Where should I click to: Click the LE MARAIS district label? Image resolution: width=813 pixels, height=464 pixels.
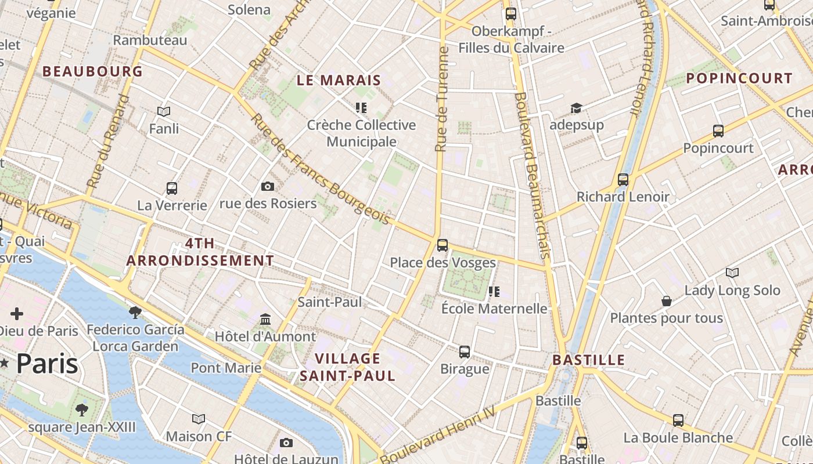coord(339,81)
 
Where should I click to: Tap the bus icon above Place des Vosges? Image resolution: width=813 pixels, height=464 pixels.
coord(443,245)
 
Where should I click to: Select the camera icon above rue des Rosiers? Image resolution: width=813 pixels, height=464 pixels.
coord(268,186)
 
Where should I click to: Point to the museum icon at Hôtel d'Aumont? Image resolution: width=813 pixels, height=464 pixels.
coord(265,320)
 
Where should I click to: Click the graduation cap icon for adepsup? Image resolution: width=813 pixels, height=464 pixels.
coord(576,108)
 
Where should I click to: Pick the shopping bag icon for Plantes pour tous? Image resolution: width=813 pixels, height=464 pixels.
coord(667,301)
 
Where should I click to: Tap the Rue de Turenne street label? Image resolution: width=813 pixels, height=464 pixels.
coord(443,100)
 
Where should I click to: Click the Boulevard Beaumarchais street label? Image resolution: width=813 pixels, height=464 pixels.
coord(531,174)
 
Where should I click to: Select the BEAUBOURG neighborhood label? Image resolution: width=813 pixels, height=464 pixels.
coord(92,71)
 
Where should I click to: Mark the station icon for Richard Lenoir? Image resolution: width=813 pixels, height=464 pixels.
coord(623,180)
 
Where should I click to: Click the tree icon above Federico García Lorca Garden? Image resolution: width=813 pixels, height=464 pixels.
coord(135,313)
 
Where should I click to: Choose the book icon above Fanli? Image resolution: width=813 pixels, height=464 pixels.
coord(164,111)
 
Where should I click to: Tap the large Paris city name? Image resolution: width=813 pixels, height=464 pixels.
coord(46,364)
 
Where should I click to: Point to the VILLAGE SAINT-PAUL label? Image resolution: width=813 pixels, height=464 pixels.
coord(347,367)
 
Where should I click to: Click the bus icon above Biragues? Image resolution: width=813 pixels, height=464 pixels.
coord(465,351)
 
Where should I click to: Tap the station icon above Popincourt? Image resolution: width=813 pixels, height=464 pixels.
coord(718,131)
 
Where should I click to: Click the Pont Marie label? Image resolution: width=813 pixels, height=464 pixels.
coord(226,368)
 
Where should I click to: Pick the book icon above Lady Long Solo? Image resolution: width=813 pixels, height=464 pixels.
coord(732,273)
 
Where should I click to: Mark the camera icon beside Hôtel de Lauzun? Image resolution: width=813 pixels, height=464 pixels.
coord(286,443)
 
